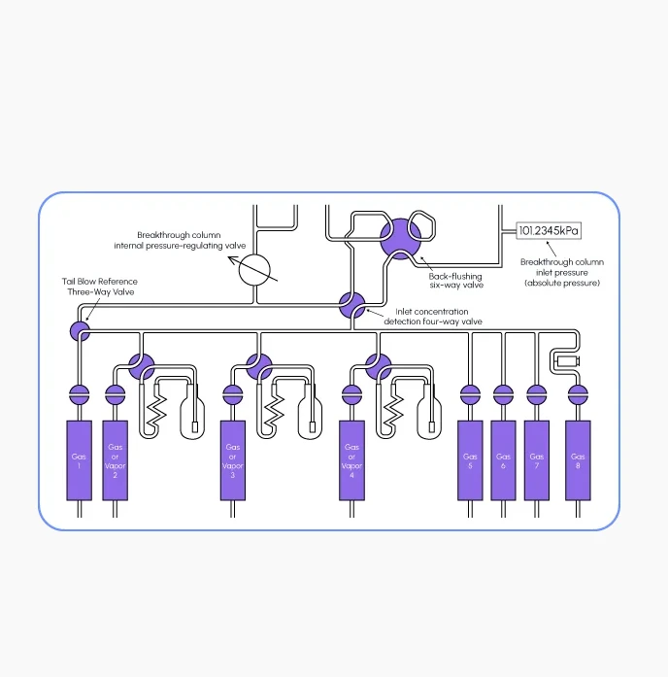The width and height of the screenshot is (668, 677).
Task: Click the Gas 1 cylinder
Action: pyautogui.click(x=80, y=460)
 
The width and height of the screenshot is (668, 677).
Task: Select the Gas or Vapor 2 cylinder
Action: pyautogui.click(x=116, y=460)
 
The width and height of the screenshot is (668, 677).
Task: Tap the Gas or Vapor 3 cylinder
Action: pyautogui.click(x=233, y=460)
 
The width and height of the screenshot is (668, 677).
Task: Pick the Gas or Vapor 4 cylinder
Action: pyautogui.click(x=351, y=460)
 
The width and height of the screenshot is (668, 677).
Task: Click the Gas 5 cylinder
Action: pyautogui.click(x=470, y=460)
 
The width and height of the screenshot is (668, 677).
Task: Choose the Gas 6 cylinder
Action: pyautogui.click(x=504, y=460)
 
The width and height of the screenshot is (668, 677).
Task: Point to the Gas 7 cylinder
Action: pyautogui.click(x=537, y=460)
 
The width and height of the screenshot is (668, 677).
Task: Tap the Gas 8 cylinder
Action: pyautogui.click(x=579, y=460)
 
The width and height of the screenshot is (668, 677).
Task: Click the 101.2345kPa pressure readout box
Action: pyautogui.click(x=549, y=230)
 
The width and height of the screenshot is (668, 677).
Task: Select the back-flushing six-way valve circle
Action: pyautogui.click(x=400, y=239)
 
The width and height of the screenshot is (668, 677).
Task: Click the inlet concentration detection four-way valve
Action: pyautogui.click(x=352, y=305)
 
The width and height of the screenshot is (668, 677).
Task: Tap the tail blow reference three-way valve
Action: pyautogui.click(x=80, y=331)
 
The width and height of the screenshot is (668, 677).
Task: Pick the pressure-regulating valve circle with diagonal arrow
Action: pyautogui.click(x=254, y=270)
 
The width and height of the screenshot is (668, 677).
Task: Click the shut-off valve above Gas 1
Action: pyautogui.click(x=80, y=394)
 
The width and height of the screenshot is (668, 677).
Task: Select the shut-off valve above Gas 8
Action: pyautogui.click(x=579, y=394)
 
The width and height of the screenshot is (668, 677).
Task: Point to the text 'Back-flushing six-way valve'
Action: pyautogui.click(x=455, y=281)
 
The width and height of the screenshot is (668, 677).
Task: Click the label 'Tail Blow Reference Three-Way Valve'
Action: pyautogui.click(x=100, y=287)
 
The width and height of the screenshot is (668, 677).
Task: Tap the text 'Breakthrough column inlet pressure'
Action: pyautogui.click(x=562, y=267)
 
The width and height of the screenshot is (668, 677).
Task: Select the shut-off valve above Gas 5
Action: pyautogui.click(x=470, y=394)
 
